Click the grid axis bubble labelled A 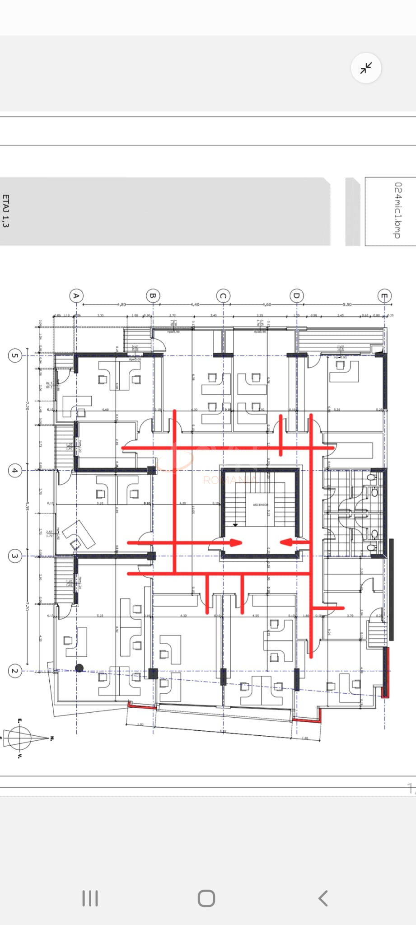click(76, 296)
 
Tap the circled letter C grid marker click(223, 296)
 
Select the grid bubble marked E click(384, 296)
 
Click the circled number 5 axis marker click(15, 355)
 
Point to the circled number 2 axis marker click(15, 671)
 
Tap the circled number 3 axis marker click(15, 556)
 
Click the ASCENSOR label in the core click(260, 505)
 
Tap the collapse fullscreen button click(366, 68)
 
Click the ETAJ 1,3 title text click(6, 211)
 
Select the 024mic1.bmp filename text click(397, 210)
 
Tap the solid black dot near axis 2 click(79, 668)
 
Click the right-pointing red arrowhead click(236, 542)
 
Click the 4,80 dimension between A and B click(122, 304)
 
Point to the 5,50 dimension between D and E click(347, 304)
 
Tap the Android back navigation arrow click(323, 898)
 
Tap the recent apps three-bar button click(90, 898)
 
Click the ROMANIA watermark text click(229, 480)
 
